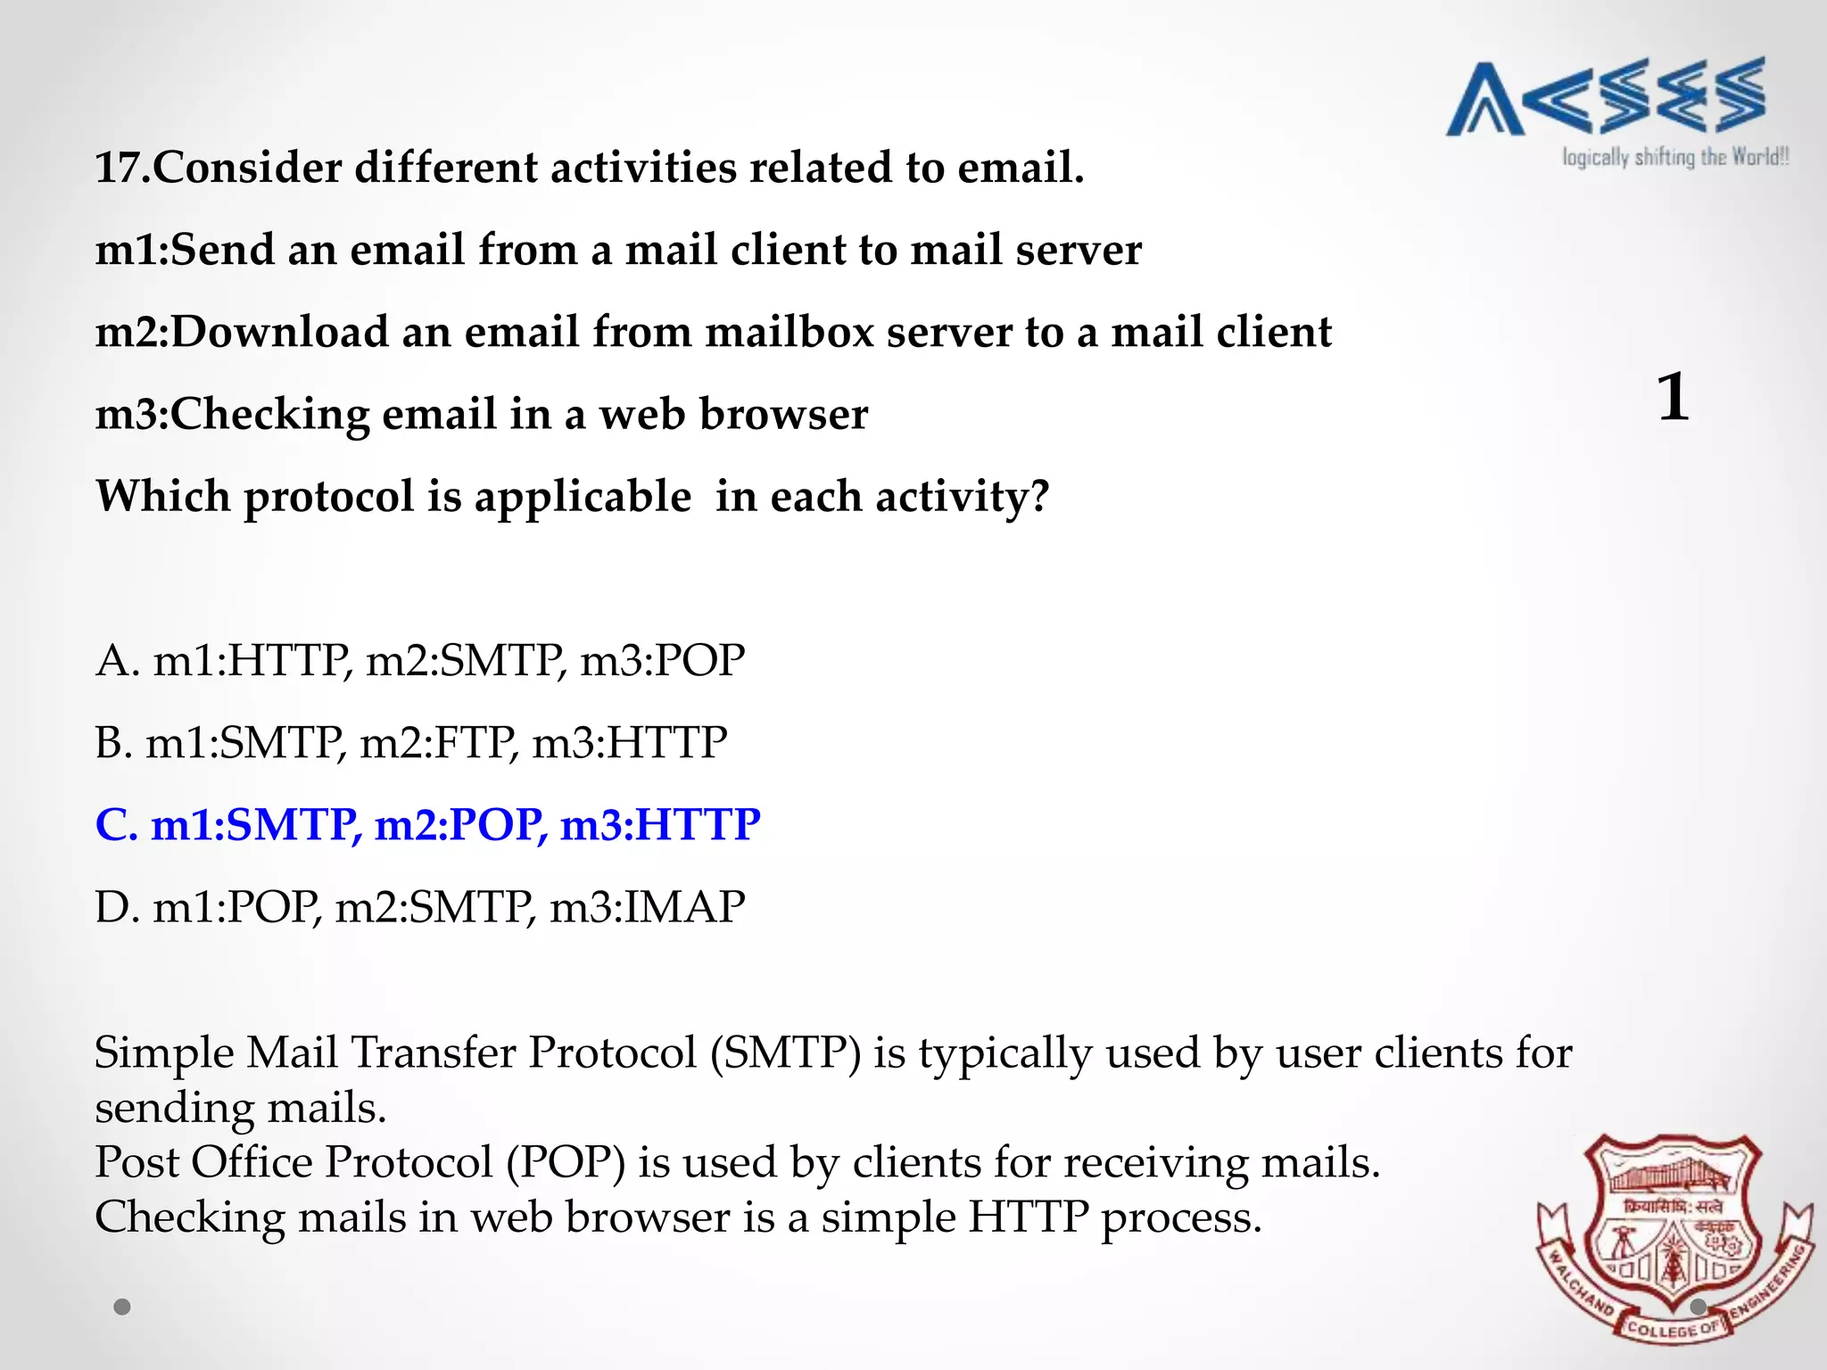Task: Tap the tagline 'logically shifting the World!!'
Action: coord(1675,158)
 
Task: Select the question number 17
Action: coord(121,168)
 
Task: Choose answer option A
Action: coord(419,661)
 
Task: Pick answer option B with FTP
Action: coord(410,743)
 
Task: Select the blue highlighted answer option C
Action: coord(427,825)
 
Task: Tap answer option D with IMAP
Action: coord(419,907)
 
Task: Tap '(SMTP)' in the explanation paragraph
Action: coord(785,1053)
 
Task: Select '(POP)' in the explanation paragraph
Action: coord(566,1163)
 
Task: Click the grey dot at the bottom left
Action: coord(122,1307)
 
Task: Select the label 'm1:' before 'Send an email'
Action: coord(132,250)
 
